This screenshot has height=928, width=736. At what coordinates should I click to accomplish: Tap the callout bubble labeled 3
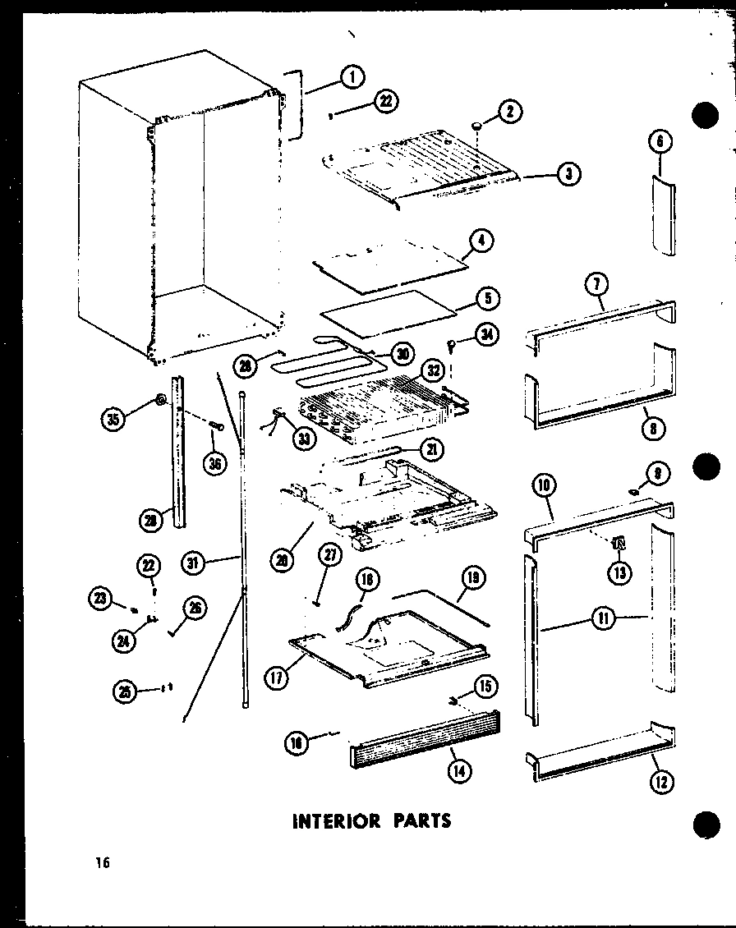[568, 173]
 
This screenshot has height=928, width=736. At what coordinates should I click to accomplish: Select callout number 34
[486, 337]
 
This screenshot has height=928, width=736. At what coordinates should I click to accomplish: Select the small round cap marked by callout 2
[476, 126]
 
